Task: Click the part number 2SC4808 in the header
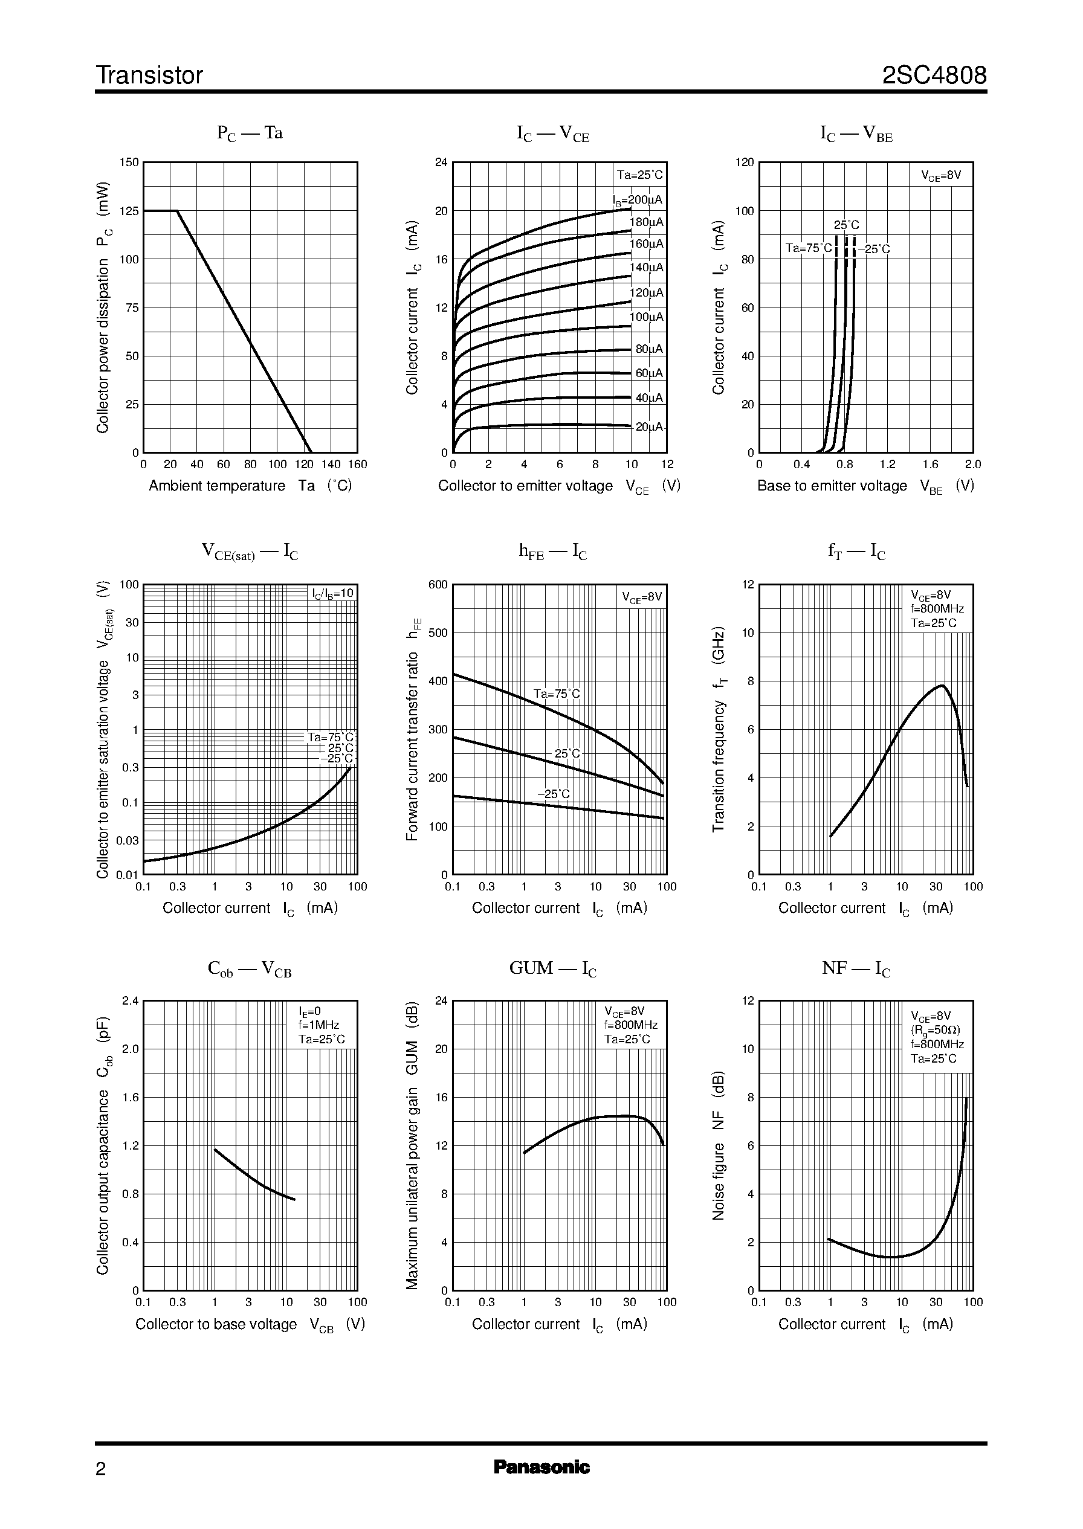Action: click(934, 76)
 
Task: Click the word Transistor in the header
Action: click(149, 76)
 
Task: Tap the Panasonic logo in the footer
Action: click(541, 1467)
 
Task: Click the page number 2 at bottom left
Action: click(101, 1469)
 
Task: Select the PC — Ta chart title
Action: click(250, 133)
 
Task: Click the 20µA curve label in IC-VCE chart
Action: click(649, 427)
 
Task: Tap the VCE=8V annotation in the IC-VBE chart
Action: click(941, 175)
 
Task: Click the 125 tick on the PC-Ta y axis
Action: click(129, 211)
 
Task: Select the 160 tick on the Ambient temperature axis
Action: click(357, 465)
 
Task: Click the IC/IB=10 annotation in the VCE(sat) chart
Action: click(334, 593)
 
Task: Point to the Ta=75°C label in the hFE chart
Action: click(557, 694)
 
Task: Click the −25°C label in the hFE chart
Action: click(554, 794)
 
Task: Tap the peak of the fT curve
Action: click(942, 685)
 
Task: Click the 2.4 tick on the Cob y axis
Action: click(131, 1000)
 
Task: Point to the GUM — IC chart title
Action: click(553, 968)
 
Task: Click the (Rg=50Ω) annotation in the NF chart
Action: click(936, 1030)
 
